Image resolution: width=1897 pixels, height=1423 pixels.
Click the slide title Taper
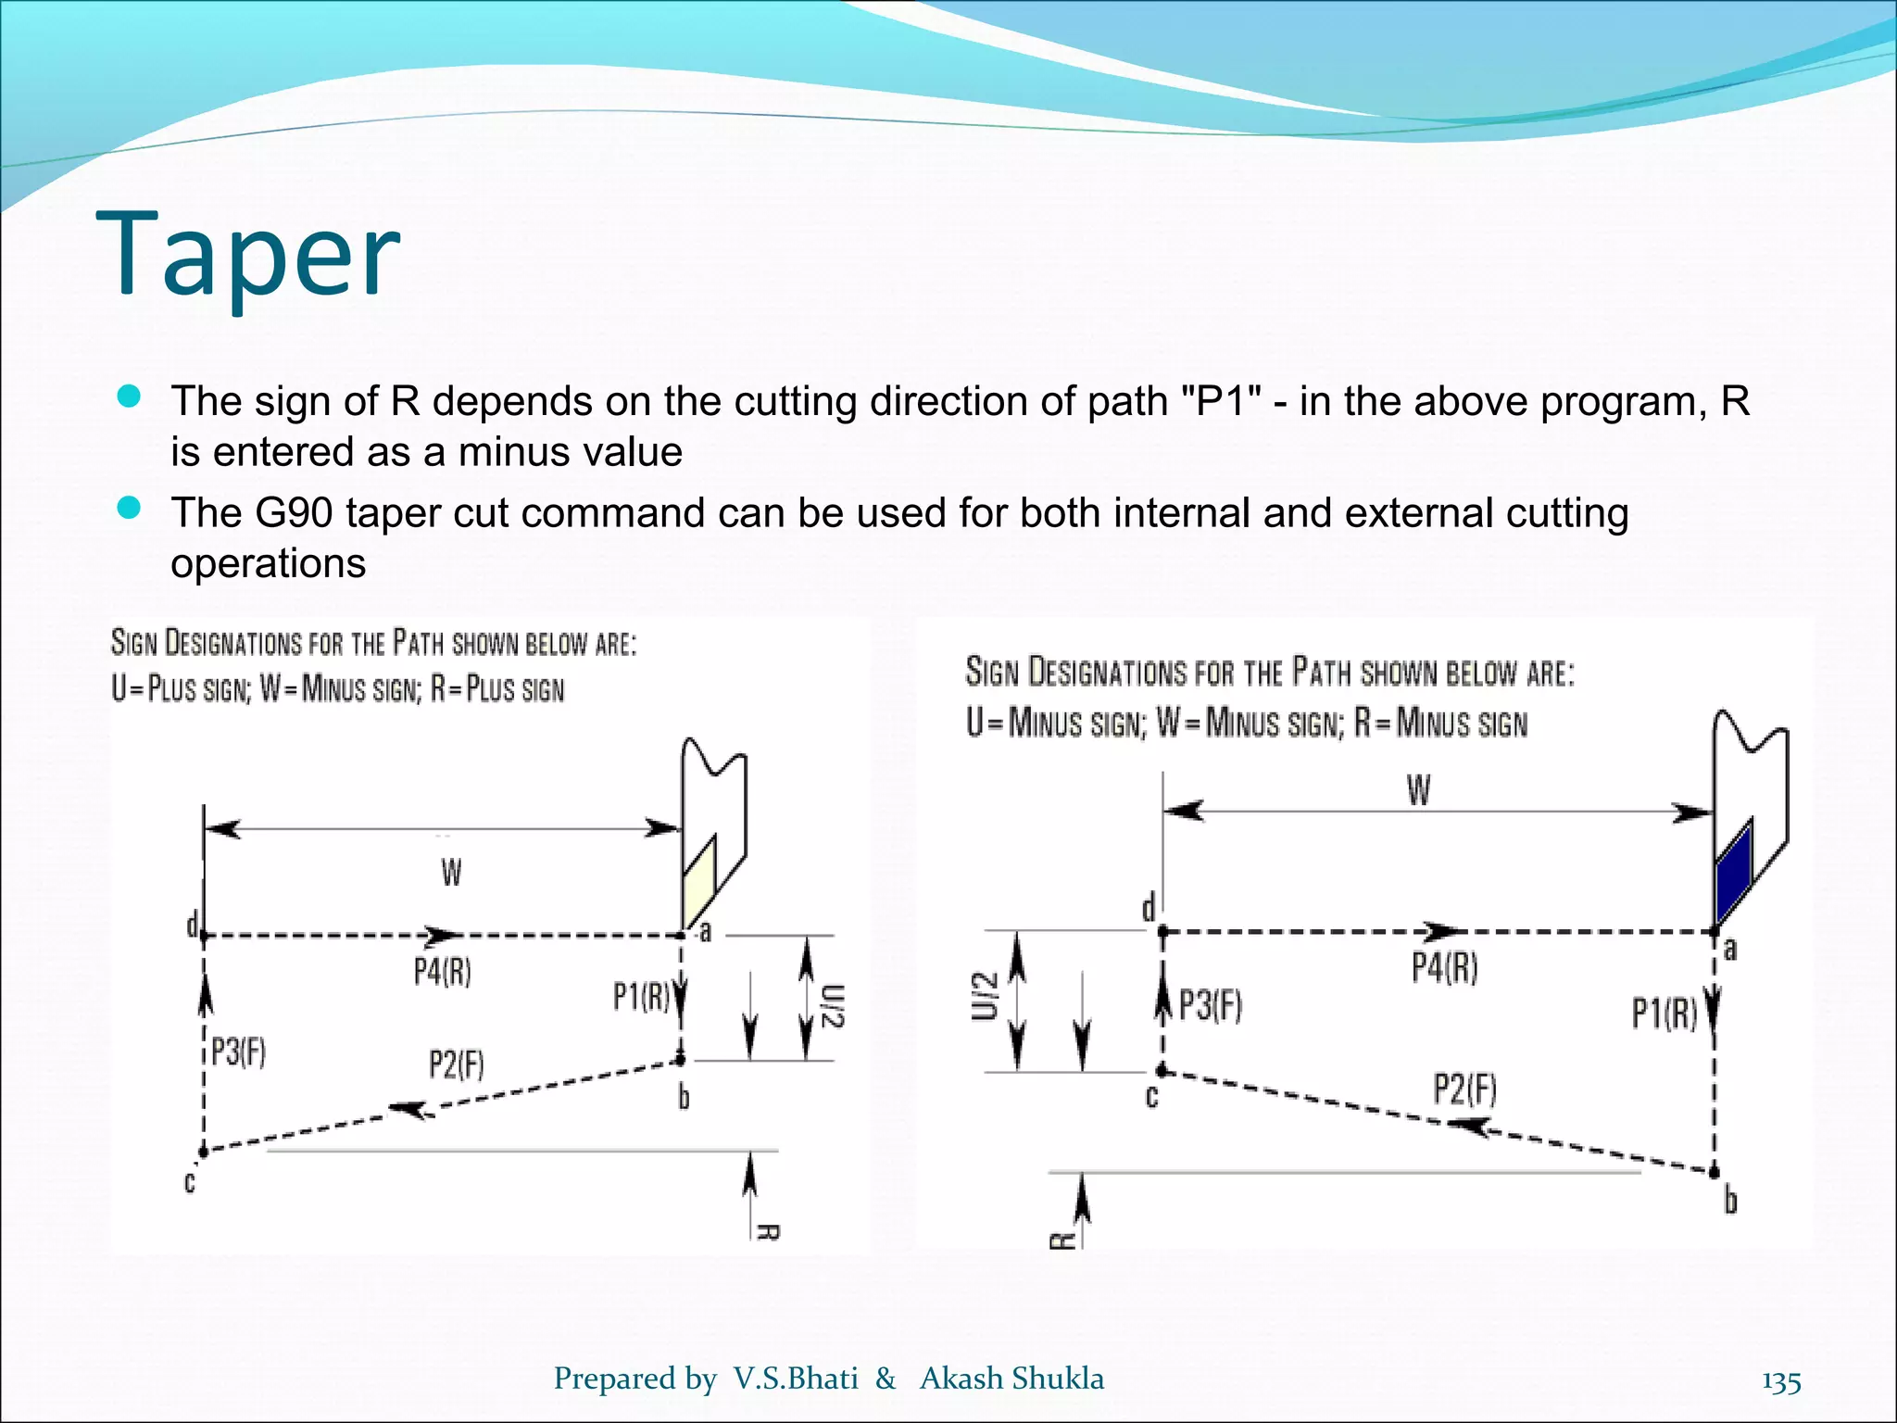pos(247,255)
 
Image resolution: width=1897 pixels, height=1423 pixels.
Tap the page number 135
pos(1780,1381)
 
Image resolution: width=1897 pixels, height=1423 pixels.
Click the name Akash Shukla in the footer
pos(1011,1379)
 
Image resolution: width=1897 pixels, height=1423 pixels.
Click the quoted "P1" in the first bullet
pos(1220,401)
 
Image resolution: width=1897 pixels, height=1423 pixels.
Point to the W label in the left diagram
pos(451,873)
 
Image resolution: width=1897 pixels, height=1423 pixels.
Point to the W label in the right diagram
pos(1418,791)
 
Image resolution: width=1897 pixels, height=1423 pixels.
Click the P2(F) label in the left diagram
pos(456,1064)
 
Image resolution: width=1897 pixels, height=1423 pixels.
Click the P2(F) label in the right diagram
pos(1464,1089)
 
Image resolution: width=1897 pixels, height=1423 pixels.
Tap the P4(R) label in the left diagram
pos(442,973)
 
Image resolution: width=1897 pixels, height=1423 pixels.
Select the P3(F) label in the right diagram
pos(1210,1004)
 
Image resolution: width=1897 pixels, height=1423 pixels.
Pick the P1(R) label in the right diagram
pos(1664,1014)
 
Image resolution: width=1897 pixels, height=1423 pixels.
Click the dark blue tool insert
pos(1733,872)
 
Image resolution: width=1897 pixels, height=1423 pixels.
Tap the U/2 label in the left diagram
pos(832,1006)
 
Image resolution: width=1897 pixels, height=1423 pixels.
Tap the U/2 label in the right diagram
pos(986,996)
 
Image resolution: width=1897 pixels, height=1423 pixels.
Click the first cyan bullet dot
pos(130,397)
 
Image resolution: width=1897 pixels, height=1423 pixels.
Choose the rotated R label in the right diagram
pos(1062,1240)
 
